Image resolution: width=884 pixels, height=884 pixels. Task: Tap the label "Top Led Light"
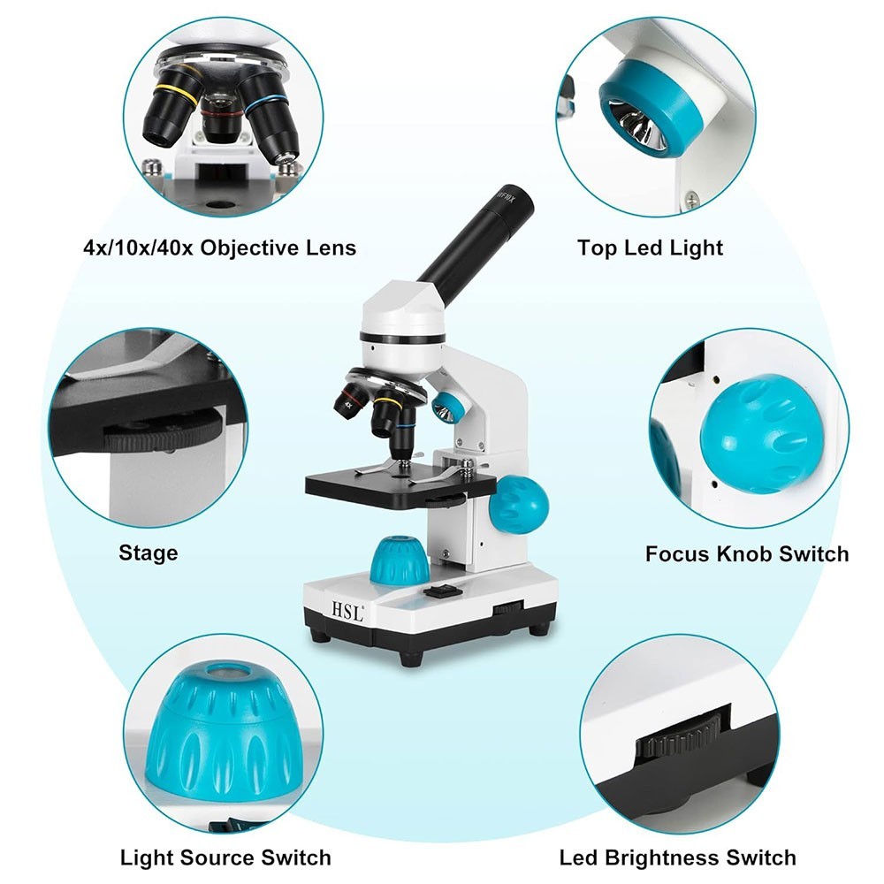coord(650,248)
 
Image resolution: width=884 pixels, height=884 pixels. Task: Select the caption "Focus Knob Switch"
coord(747,554)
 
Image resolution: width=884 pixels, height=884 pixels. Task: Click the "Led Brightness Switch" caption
coord(677,857)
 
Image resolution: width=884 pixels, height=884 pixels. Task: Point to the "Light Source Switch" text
coord(225,857)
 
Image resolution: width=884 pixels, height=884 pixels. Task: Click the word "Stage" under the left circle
coord(149,553)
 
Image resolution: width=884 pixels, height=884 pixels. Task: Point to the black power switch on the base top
coord(439,595)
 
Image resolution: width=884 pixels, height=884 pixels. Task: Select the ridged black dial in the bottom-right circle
coord(682,735)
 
